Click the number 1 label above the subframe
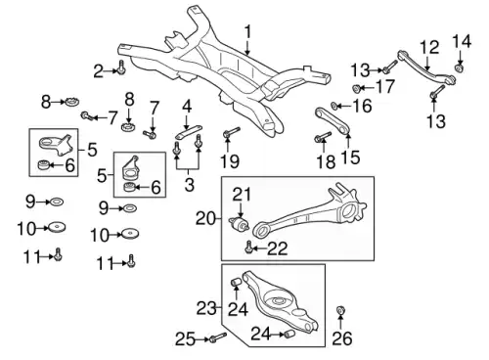tap(248, 32)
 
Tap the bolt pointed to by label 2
tap(121, 67)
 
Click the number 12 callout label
tap(429, 48)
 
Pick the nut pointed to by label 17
tap(356, 88)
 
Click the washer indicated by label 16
tap(334, 106)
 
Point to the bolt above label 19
tap(231, 133)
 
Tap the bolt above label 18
tap(323, 137)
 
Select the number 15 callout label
tap(350, 157)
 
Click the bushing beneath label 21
tap(240, 224)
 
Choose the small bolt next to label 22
tap(248, 247)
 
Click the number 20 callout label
tap(205, 218)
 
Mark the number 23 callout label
tap(206, 308)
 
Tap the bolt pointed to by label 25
tap(218, 337)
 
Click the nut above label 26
tap(340, 310)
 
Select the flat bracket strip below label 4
tap(189, 131)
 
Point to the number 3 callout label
tap(189, 184)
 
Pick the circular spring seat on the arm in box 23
tap(278, 299)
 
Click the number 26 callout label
tap(342, 338)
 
